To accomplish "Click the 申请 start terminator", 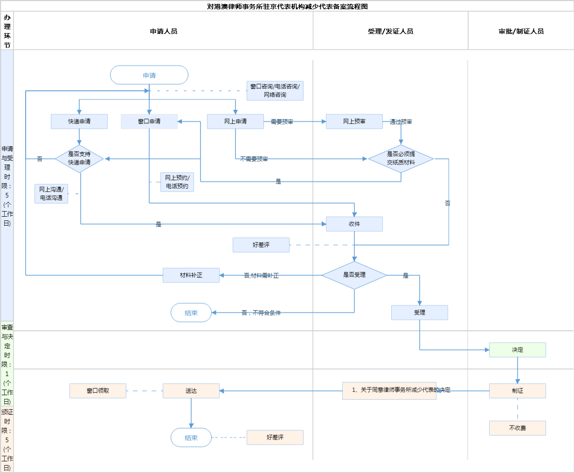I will click(149, 75).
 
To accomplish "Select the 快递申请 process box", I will click(79, 121).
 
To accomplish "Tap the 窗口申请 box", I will click(149, 121).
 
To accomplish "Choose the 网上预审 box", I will click(354, 121).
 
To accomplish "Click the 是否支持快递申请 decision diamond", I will click(79, 158).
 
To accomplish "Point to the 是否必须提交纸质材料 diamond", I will click(401, 158).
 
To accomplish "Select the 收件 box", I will click(354, 224).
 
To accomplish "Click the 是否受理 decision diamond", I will click(354, 275).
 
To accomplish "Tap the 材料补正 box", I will click(191, 275).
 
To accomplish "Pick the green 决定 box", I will click(518, 350).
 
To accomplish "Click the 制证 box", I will click(518, 391).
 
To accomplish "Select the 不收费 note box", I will click(518, 428).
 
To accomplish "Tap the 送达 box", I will click(191, 391).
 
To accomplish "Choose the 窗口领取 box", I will click(98, 391).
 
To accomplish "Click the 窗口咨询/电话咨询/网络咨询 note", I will click(275, 90).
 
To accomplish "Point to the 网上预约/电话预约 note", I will click(177, 182).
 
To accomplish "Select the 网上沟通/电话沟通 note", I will click(51, 193).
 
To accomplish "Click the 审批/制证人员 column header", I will click(521, 31).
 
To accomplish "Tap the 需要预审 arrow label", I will click(282, 122).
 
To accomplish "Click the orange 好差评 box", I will click(275, 437).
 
